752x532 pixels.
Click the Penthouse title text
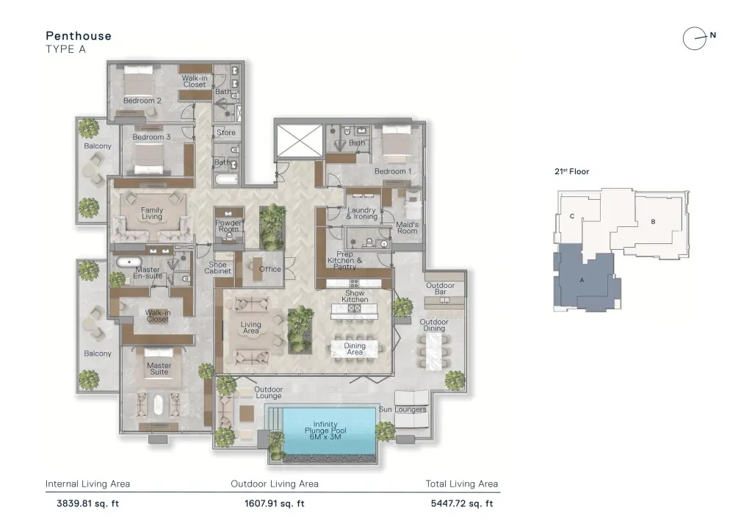(x=79, y=36)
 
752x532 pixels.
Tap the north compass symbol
(x=698, y=38)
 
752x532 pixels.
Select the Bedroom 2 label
(x=142, y=101)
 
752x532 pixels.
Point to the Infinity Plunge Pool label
(x=325, y=431)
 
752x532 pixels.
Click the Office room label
(x=270, y=269)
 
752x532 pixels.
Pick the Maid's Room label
(x=407, y=228)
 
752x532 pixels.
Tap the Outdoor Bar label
(x=441, y=288)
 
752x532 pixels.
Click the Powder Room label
(x=229, y=226)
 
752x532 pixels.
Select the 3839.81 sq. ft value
(x=88, y=503)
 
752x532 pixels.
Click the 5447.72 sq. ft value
(x=462, y=503)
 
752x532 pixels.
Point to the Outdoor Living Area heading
(x=275, y=484)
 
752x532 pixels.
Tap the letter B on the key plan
(x=653, y=222)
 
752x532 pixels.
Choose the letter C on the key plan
(x=571, y=216)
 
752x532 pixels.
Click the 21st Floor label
(x=571, y=172)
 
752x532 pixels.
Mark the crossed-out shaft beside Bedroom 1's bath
(x=300, y=141)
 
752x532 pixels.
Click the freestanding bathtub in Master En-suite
(x=129, y=262)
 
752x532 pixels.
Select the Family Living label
(x=152, y=214)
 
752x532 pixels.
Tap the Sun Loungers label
(x=402, y=410)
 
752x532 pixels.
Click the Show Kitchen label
(x=355, y=296)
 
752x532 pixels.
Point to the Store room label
(x=226, y=132)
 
